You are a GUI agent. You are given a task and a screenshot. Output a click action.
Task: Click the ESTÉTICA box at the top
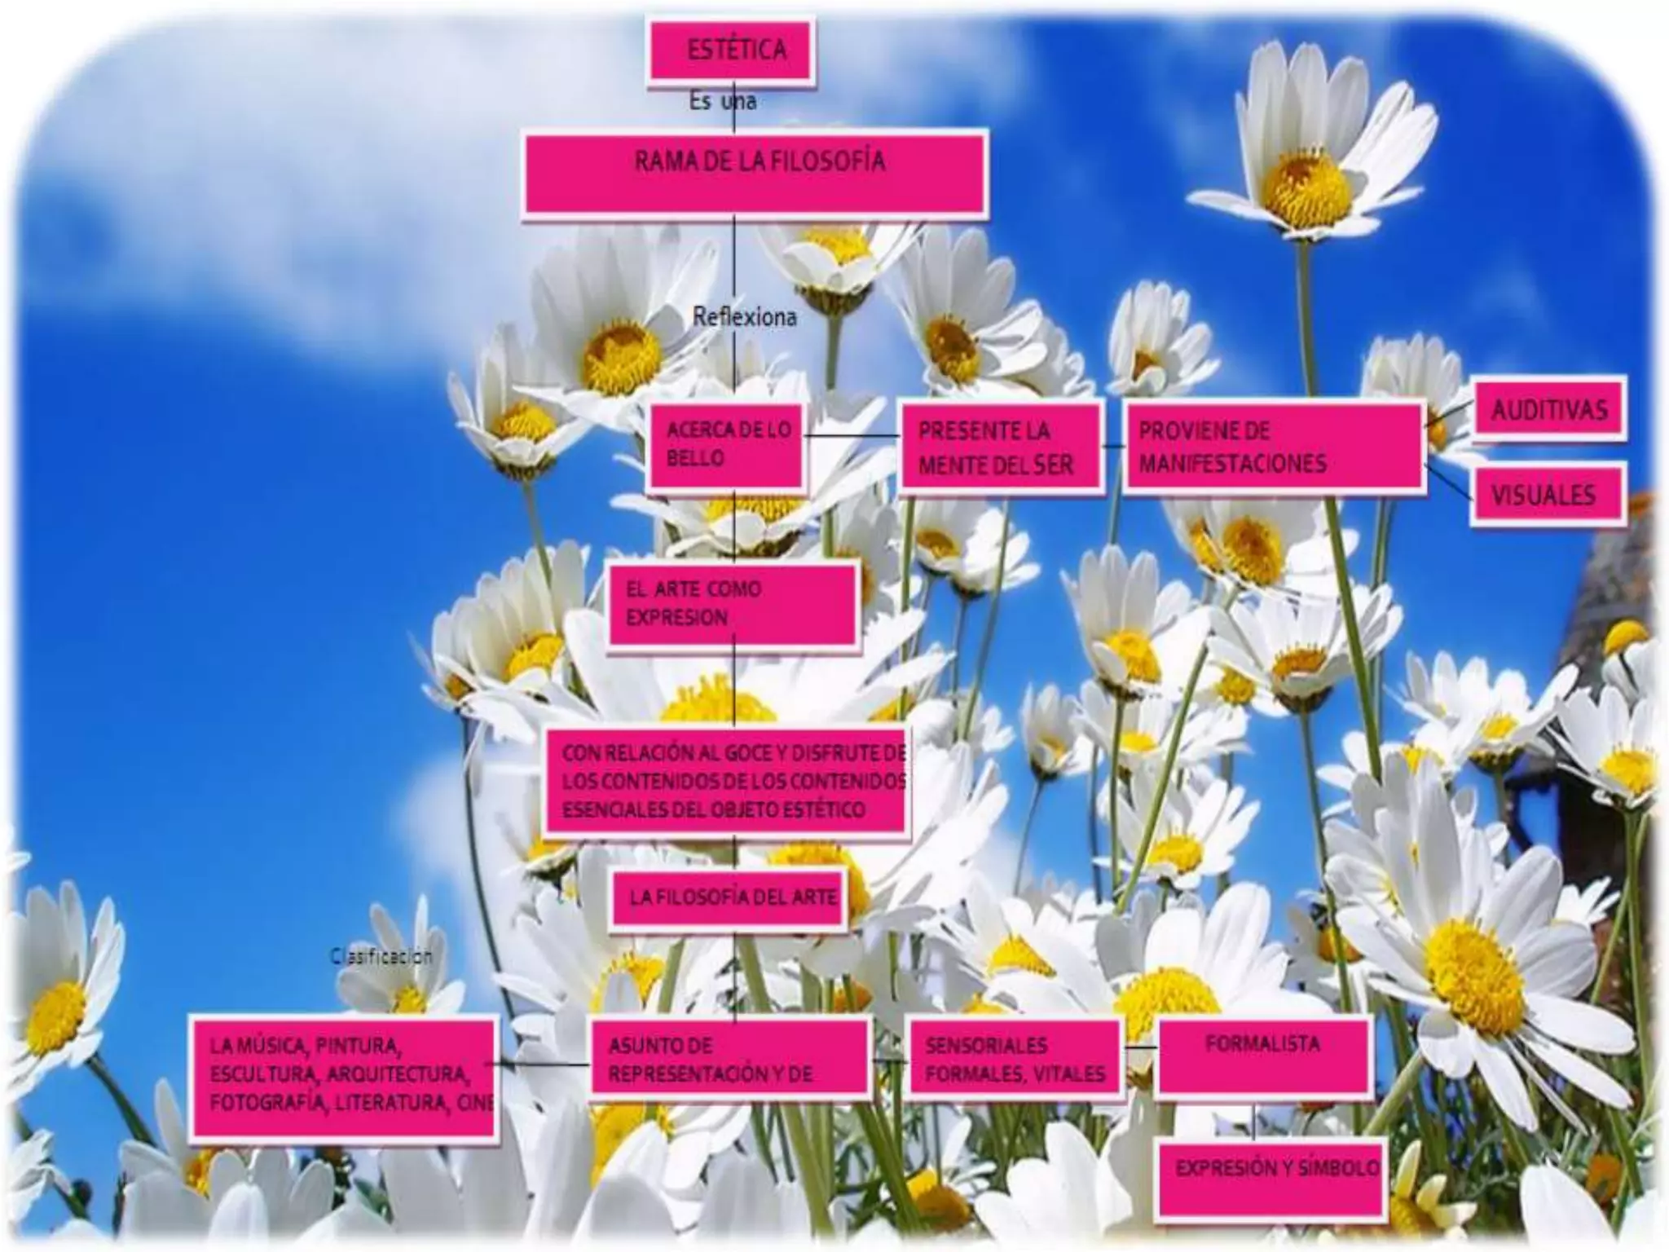(731, 51)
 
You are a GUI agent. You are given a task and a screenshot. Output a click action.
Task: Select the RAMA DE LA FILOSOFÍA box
(755, 174)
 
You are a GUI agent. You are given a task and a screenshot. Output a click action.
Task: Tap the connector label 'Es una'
(722, 102)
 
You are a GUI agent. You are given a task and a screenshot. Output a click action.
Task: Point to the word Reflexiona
(744, 316)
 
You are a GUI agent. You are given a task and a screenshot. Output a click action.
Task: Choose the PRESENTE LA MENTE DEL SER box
(1001, 447)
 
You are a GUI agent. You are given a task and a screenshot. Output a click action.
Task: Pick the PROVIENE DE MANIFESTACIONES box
(1273, 447)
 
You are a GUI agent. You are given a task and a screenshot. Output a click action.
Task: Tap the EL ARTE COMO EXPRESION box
(733, 603)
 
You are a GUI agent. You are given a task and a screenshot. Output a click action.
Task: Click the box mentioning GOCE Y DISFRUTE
(726, 780)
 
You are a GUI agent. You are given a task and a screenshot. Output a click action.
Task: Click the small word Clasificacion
(381, 956)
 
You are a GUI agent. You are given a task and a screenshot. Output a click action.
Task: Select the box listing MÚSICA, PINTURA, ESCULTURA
(344, 1076)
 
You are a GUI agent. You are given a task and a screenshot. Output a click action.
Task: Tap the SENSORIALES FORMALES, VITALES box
(1015, 1059)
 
